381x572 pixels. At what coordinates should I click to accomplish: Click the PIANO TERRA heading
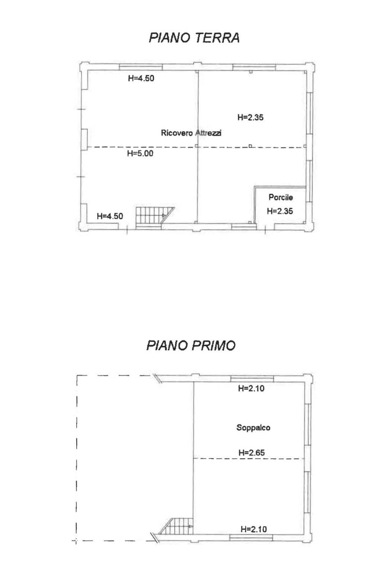point(194,38)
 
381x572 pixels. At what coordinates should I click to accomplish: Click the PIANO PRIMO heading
point(191,346)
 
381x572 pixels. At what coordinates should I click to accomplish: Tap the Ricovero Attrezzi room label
point(191,133)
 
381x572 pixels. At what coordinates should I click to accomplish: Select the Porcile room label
point(281,197)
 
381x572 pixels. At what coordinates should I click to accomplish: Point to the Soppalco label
point(253,428)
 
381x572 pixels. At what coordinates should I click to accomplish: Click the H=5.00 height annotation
point(140,153)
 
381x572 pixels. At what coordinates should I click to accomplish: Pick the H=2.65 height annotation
point(252,453)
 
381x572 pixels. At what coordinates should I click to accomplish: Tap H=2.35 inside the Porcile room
point(280,211)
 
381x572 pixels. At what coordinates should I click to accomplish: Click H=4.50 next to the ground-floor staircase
point(110,216)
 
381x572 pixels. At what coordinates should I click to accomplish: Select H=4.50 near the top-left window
point(141,78)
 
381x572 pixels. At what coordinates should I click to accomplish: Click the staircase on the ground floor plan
point(155,218)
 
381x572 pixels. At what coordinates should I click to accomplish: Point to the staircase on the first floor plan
point(176,526)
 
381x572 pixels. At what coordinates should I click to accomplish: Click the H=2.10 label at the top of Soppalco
point(252,388)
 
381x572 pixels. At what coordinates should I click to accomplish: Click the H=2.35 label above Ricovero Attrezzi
point(251,117)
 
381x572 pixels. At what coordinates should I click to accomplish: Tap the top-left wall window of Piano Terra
point(141,67)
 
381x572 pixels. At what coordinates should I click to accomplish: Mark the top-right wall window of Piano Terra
point(254,67)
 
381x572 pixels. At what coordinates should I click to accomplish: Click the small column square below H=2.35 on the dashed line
point(250,146)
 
